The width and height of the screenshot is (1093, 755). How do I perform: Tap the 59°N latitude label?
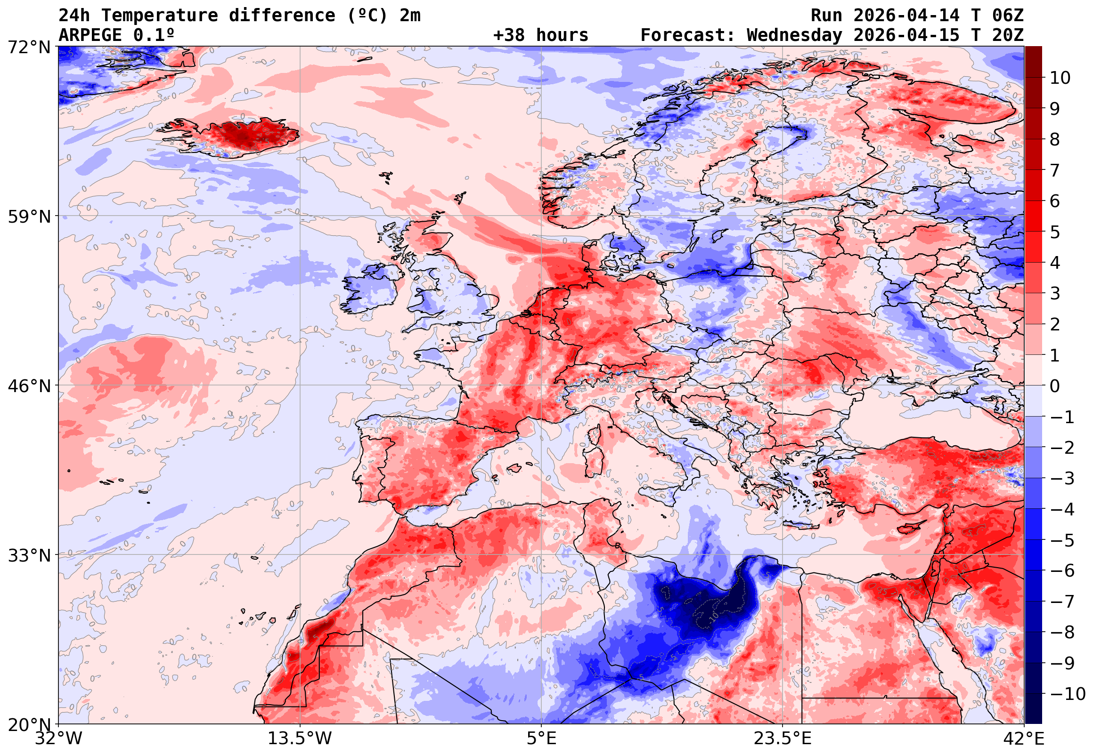pyautogui.click(x=29, y=217)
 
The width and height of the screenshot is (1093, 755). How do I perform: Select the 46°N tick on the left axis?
pyautogui.click(x=29, y=386)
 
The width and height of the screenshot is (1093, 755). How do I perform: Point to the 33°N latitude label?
pyautogui.click(x=29, y=555)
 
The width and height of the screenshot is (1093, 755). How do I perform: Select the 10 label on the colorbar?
pyautogui.click(x=1060, y=78)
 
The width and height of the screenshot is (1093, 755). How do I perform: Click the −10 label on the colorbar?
pyautogui.click(x=1068, y=694)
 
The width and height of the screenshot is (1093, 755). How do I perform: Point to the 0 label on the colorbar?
pyautogui.click(x=1055, y=386)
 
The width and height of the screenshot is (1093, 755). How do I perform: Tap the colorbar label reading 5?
pyautogui.click(x=1055, y=232)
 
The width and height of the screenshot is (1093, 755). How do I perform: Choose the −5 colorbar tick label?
pyautogui.click(x=1062, y=540)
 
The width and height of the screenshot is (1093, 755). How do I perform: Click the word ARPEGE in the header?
pyautogui.click(x=90, y=35)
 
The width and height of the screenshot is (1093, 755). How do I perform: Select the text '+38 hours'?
pyautogui.click(x=540, y=35)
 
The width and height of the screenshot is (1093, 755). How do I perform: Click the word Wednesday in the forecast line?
pyautogui.click(x=794, y=35)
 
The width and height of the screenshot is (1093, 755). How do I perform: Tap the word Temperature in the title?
pyautogui.click(x=160, y=16)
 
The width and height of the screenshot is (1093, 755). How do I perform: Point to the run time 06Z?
pyautogui.click(x=1008, y=16)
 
